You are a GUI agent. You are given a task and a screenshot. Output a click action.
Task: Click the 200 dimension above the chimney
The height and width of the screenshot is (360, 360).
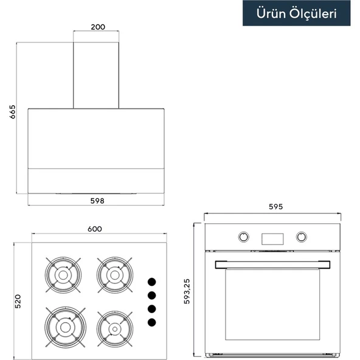[98, 27]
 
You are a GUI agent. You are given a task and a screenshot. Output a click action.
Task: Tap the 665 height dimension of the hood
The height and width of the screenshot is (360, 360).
[12, 112]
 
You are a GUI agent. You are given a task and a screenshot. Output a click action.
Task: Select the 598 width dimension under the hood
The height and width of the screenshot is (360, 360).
[97, 201]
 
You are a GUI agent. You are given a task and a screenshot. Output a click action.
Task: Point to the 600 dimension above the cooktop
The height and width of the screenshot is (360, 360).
[95, 229]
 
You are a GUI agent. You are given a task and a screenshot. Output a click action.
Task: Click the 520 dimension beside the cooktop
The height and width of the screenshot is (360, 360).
[18, 301]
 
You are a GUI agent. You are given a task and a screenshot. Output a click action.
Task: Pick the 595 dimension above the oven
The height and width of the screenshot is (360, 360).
[275, 207]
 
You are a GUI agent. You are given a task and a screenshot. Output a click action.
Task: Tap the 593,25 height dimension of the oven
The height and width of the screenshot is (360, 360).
[187, 291]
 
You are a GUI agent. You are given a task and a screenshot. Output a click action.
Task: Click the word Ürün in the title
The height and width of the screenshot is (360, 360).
[271, 13]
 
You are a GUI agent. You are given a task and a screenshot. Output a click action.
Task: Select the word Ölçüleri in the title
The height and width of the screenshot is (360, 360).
[313, 14]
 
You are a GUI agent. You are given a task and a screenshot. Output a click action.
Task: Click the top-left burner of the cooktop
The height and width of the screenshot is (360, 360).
[63, 275]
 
